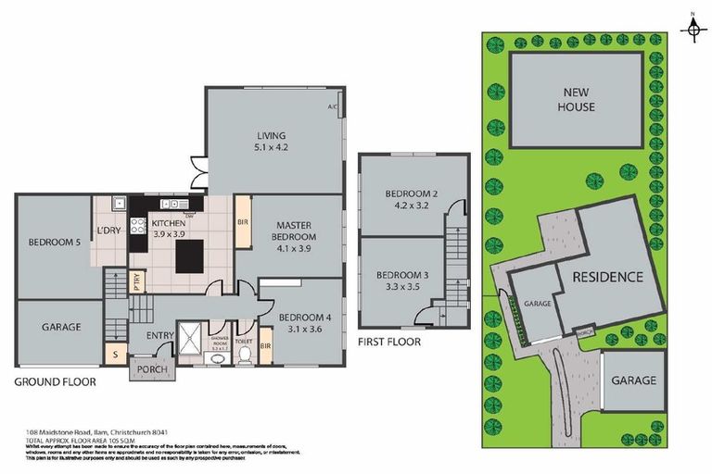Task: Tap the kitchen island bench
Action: click(x=196, y=253)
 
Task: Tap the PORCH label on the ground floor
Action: click(x=151, y=369)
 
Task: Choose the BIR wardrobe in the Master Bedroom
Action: click(x=242, y=222)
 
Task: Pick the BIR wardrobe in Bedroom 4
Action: click(x=265, y=346)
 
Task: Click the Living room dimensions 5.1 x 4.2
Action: click(x=272, y=146)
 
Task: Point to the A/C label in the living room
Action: click(x=332, y=107)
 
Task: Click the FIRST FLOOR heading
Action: click(x=388, y=342)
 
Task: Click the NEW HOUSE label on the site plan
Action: click(x=578, y=99)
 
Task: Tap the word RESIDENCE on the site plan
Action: click(x=607, y=277)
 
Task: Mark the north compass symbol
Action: click(x=692, y=30)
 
